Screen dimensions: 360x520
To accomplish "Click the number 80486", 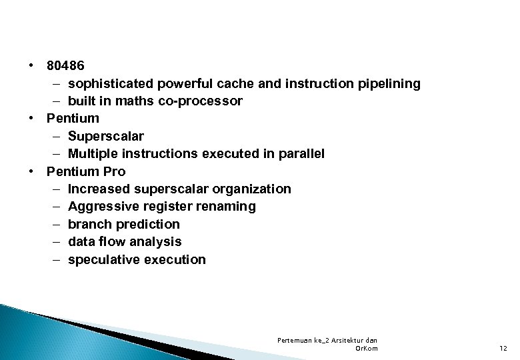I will [65, 66].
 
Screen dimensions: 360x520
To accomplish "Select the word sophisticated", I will [110, 83].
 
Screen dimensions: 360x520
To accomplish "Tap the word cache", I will [231, 83].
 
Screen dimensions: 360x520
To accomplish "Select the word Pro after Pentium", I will [114, 171].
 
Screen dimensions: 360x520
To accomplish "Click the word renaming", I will [226, 206].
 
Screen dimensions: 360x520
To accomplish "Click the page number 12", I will [503, 348].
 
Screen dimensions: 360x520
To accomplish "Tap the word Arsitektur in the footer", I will [353, 340].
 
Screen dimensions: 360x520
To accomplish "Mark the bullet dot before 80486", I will [31, 66].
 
